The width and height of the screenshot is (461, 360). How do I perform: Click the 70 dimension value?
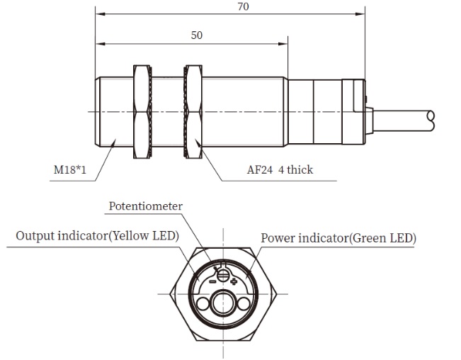pyautogui.click(x=243, y=6)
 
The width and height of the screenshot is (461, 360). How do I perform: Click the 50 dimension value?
pyautogui.click(x=197, y=35)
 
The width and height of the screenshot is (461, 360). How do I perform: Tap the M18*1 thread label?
pyautogui.click(x=70, y=169)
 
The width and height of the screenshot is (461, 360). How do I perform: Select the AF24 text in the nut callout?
pyautogui.click(x=260, y=169)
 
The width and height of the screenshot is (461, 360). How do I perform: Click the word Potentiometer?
pyautogui.click(x=146, y=206)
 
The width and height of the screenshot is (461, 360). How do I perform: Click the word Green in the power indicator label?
pyautogui.click(x=369, y=238)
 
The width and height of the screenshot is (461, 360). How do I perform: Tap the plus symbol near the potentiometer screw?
pyautogui.click(x=234, y=281)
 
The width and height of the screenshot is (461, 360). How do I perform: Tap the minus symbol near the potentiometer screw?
pyautogui.click(x=212, y=282)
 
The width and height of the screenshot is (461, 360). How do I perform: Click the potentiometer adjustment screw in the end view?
pyautogui.click(x=223, y=276)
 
